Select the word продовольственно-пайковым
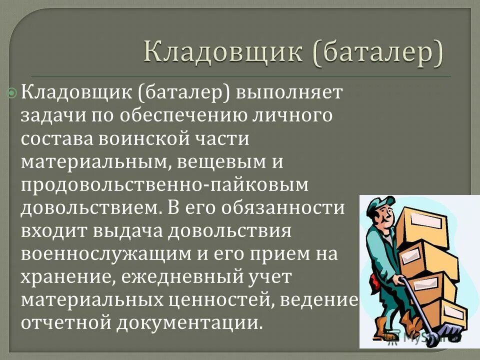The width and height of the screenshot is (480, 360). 165,185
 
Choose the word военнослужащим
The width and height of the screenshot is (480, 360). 103,254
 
